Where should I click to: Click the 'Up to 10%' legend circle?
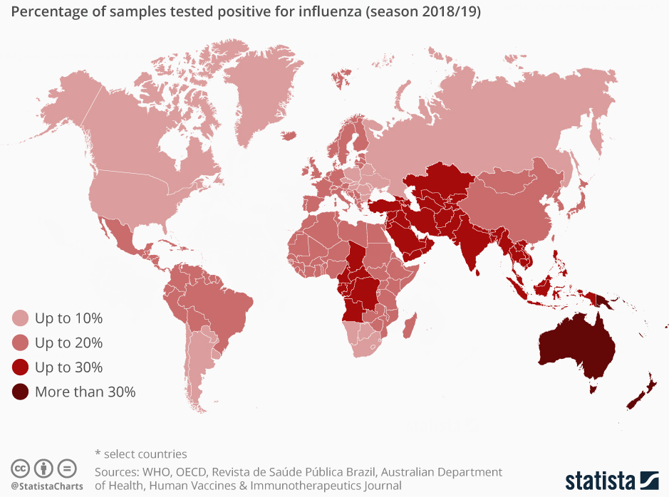[x=21, y=318]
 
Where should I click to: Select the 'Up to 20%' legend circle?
[x=21, y=343]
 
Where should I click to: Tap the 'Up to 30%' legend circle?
[x=21, y=367]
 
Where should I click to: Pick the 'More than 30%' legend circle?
[x=21, y=392]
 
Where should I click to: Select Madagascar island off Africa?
[x=410, y=329]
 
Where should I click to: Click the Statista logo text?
[x=600, y=480]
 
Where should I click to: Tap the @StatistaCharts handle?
[x=46, y=486]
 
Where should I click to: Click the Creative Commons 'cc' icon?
[x=21, y=469]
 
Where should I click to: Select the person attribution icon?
[x=43, y=469]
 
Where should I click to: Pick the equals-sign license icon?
[x=66, y=469]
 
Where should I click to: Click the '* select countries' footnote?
[x=141, y=454]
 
